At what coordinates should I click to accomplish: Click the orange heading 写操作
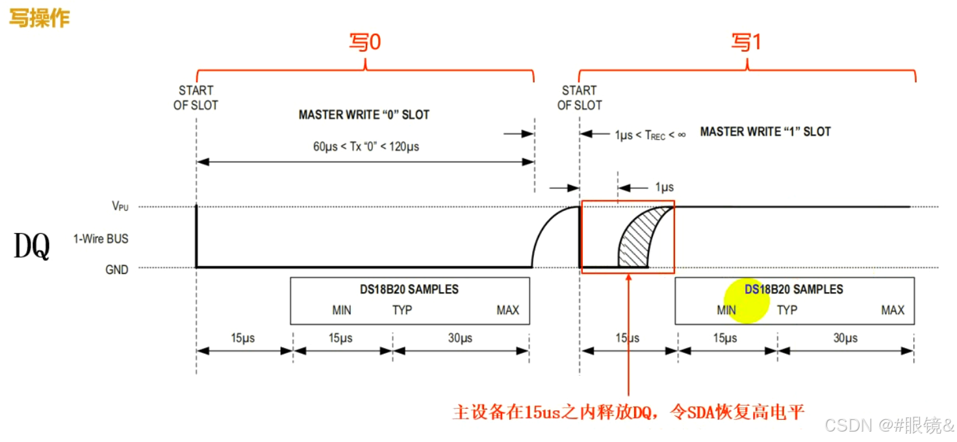tap(39, 18)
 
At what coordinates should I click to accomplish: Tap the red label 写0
tap(364, 43)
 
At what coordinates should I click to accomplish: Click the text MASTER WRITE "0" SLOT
tap(364, 115)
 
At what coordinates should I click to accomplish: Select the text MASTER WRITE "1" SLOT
tap(765, 132)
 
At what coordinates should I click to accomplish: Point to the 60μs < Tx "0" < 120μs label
tap(366, 147)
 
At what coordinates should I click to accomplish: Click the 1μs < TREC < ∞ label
tap(650, 135)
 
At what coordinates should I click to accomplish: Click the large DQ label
tap(32, 247)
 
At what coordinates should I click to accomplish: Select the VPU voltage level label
tap(120, 206)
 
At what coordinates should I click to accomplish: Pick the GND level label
tap(117, 269)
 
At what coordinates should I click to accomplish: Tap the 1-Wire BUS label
tap(101, 239)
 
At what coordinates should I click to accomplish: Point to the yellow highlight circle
tap(746, 301)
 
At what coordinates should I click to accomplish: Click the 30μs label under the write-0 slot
tap(460, 338)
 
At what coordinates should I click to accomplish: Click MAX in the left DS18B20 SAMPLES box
tap(507, 310)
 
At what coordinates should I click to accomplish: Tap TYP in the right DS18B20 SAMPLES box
tap(787, 310)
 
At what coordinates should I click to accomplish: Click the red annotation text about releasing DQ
tap(628, 411)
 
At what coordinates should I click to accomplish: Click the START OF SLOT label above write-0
tap(196, 97)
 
